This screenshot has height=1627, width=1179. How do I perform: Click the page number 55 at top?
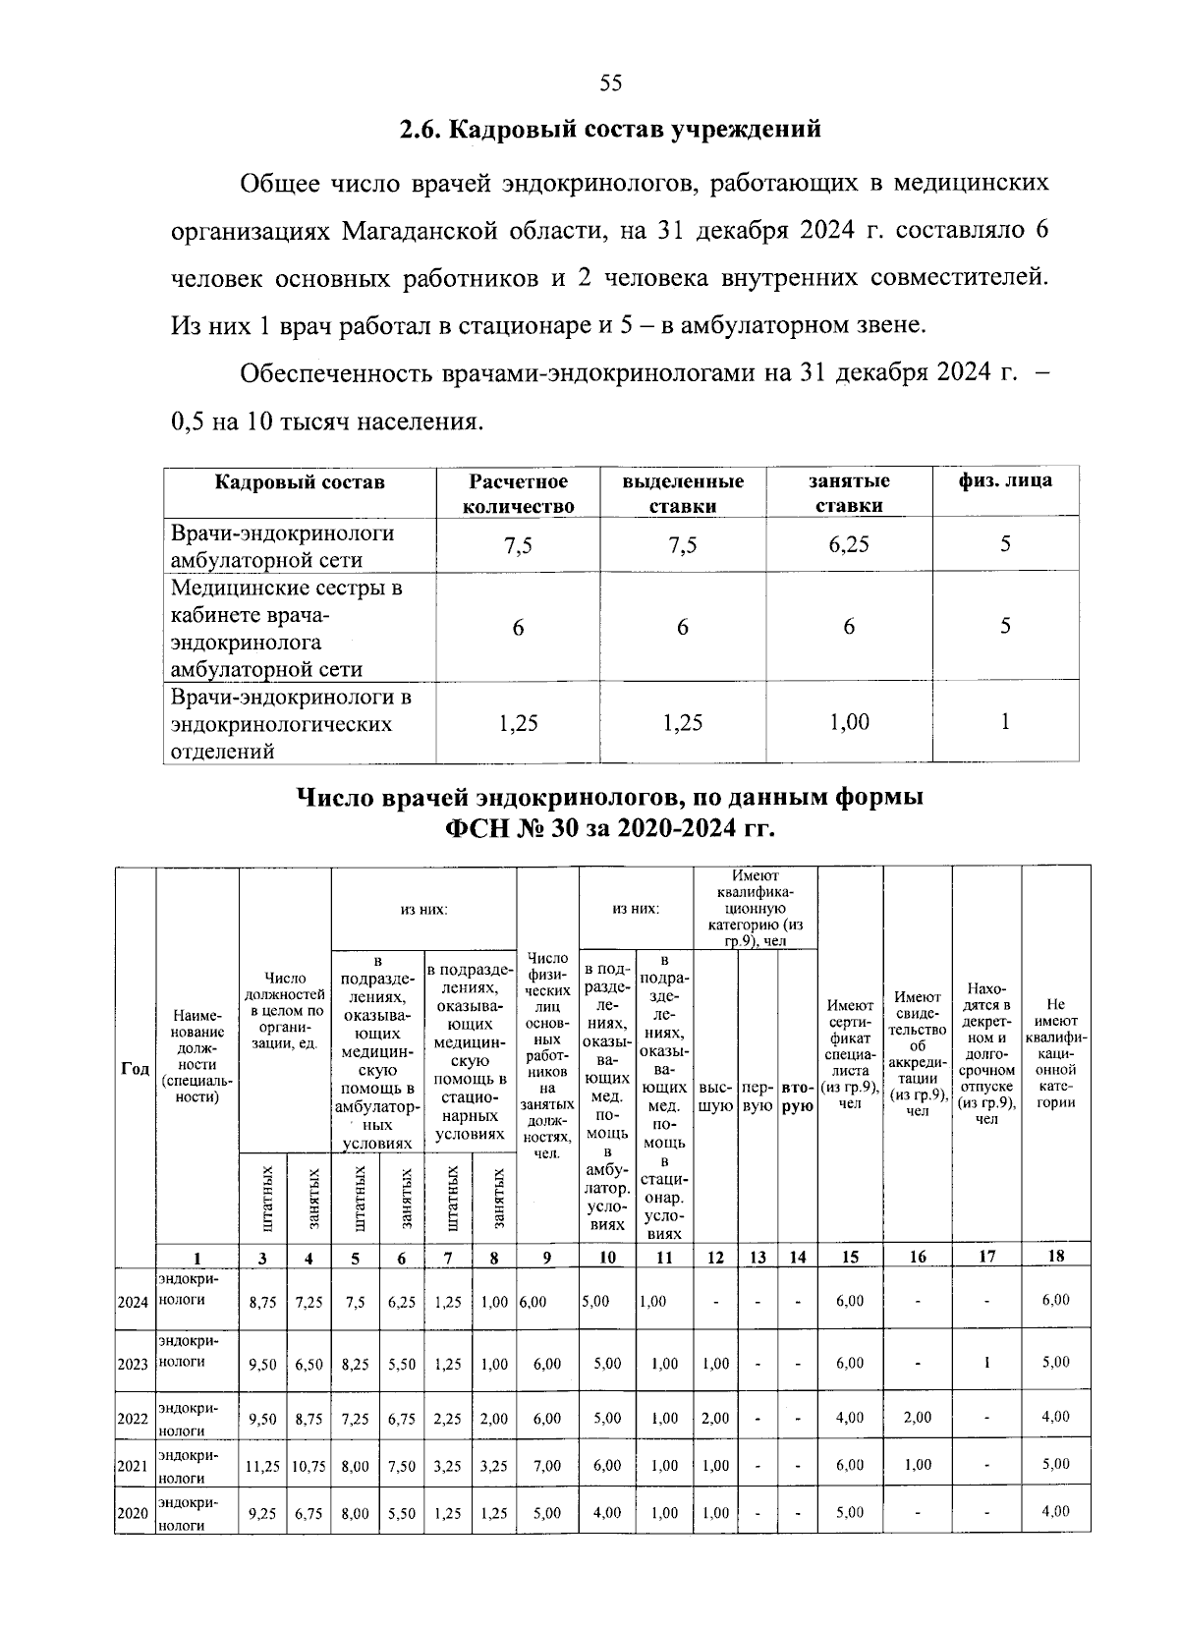[x=610, y=83]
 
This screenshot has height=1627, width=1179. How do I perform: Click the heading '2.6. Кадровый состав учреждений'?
[x=609, y=130]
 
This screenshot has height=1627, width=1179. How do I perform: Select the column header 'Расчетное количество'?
[x=518, y=493]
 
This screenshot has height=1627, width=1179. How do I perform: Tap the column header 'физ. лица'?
[x=1005, y=481]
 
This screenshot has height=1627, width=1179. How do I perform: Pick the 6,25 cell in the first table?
[x=849, y=545]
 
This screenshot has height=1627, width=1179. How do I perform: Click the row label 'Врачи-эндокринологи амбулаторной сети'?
[x=283, y=546]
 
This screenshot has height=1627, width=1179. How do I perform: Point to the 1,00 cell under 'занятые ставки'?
[x=849, y=723]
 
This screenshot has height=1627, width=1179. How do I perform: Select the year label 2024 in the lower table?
[x=133, y=1302]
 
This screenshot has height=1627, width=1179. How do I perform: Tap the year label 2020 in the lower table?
[x=133, y=1514]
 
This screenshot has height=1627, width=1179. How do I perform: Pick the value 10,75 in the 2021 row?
[x=308, y=1466]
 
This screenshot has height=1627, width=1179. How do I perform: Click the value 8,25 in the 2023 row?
[x=355, y=1364]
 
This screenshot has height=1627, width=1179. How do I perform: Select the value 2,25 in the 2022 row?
[x=447, y=1418]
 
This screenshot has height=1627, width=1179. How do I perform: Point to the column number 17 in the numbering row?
[x=986, y=1256]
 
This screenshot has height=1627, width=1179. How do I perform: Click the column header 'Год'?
[x=135, y=1070]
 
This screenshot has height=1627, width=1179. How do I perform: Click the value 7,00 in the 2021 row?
[x=547, y=1466]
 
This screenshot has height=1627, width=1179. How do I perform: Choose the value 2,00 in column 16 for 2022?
[x=917, y=1418]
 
